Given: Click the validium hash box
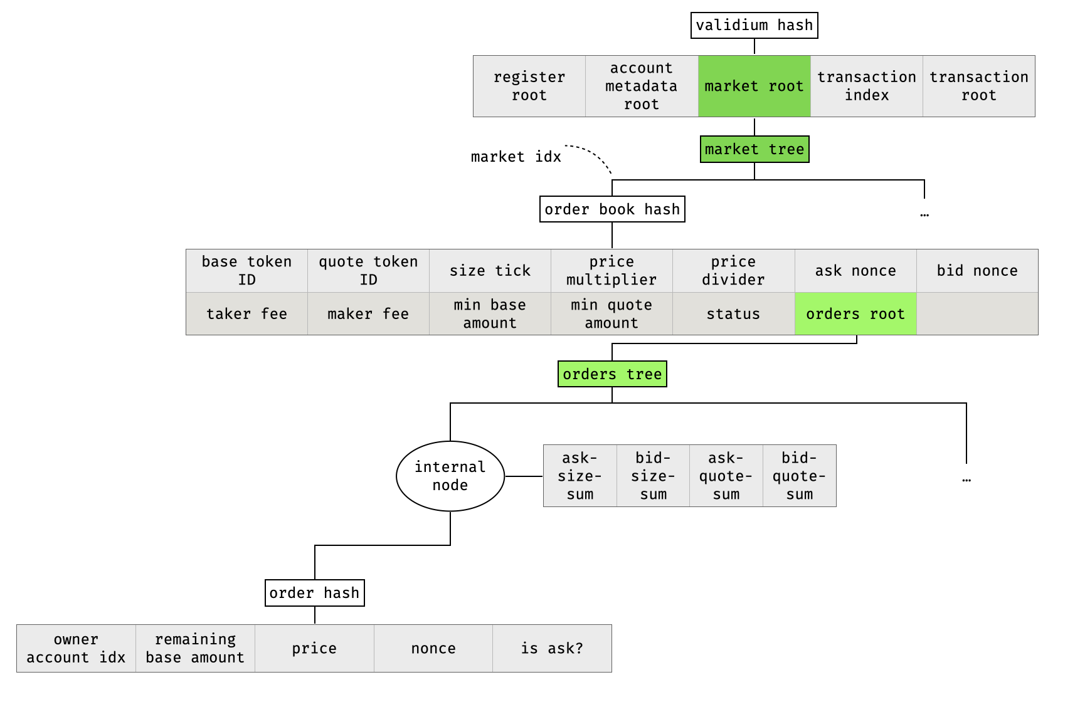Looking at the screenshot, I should [x=754, y=26].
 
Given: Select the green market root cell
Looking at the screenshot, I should [x=754, y=86].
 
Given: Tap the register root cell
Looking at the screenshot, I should [x=529, y=86].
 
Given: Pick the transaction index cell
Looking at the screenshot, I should [x=866, y=86].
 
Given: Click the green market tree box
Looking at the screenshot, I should [x=754, y=150].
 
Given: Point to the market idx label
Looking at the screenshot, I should [x=516, y=157].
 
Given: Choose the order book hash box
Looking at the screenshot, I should [x=612, y=209].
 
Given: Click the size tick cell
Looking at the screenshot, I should [x=490, y=271].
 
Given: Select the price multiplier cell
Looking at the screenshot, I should [x=611, y=271].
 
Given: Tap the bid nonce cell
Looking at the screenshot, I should [x=977, y=271].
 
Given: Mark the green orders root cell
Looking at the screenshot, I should [x=855, y=314].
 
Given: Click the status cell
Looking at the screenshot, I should [x=733, y=314].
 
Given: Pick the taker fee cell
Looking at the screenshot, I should [x=246, y=314].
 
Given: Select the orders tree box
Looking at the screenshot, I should [x=612, y=374].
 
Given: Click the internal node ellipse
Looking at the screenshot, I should [x=450, y=476].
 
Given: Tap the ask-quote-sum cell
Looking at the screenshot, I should [x=726, y=476].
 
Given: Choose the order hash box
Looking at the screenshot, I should [x=314, y=593].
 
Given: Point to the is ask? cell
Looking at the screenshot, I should [x=552, y=649].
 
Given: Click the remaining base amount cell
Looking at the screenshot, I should [x=195, y=649].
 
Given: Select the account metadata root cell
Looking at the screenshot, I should [x=641, y=86].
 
